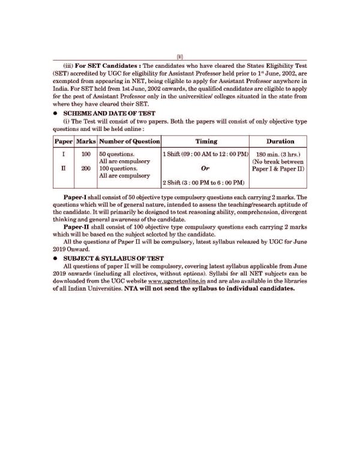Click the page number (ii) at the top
tap(179, 57)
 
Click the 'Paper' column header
tap(59, 142)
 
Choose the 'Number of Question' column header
tap(129, 142)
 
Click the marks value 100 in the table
tap(85, 154)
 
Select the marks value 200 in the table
tap(85, 169)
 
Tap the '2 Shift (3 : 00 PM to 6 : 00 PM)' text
tap(203, 183)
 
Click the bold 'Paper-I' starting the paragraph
tap(79, 198)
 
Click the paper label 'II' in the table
tap(59, 169)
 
